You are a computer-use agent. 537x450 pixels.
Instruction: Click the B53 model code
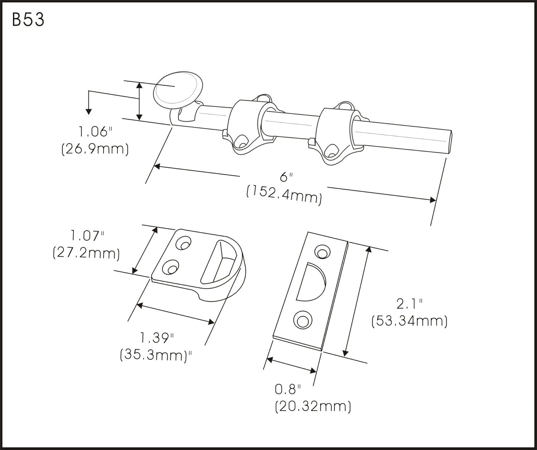pyautogui.click(x=28, y=20)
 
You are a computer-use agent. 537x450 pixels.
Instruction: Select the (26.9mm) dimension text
pyautogui.click(x=95, y=148)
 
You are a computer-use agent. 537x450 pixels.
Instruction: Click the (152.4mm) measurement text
pyautogui.click(x=284, y=195)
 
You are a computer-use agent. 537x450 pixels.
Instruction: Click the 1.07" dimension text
pyautogui.click(x=87, y=236)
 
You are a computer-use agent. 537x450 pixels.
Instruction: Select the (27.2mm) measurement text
pyautogui.click(x=86, y=253)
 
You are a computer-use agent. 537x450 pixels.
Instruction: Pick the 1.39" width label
pyautogui.click(x=156, y=337)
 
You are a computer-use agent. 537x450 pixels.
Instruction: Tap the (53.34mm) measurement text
pyautogui.click(x=410, y=321)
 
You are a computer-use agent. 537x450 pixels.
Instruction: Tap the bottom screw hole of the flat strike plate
pyautogui.click(x=301, y=319)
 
